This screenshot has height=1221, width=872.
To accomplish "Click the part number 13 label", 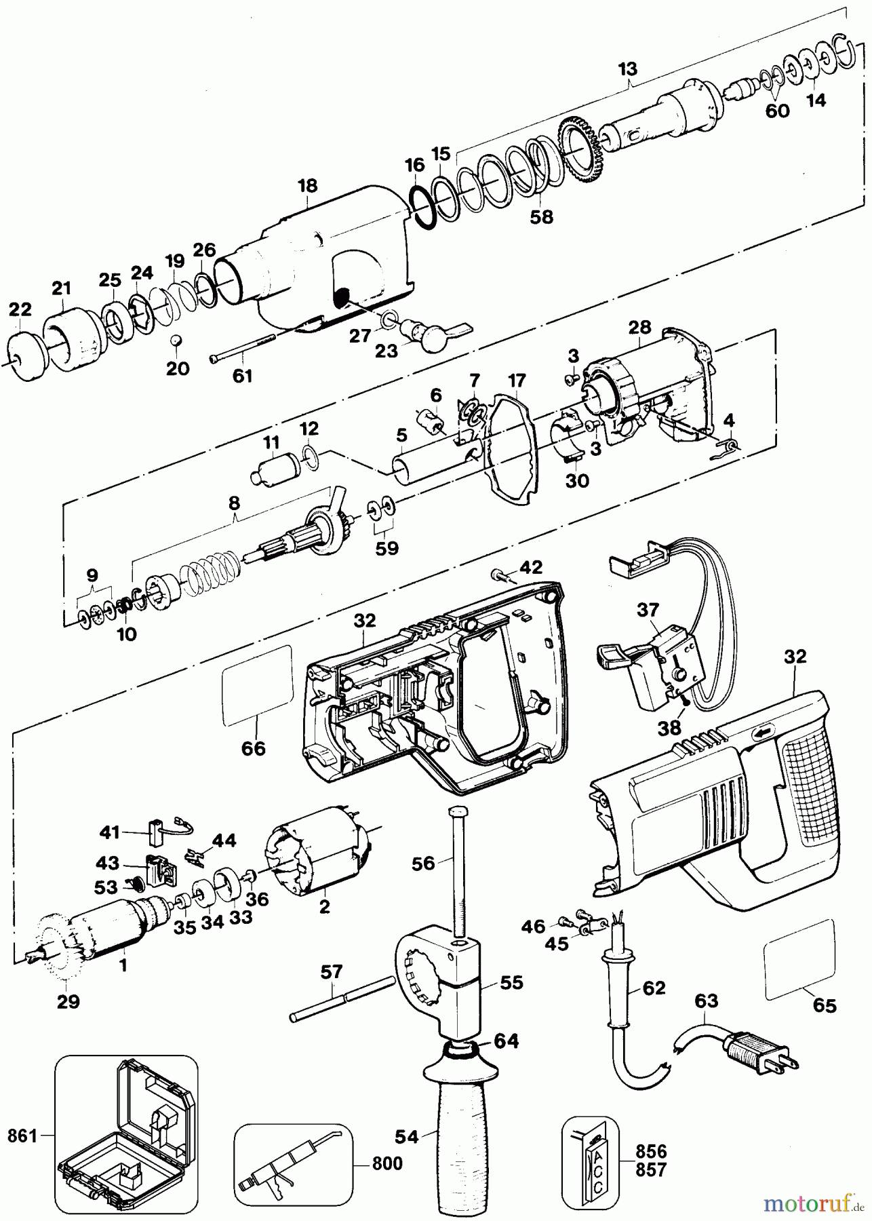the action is [628, 69].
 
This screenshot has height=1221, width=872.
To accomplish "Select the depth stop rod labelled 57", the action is [342, 999].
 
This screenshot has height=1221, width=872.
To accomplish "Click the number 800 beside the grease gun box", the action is [387, 1163].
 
